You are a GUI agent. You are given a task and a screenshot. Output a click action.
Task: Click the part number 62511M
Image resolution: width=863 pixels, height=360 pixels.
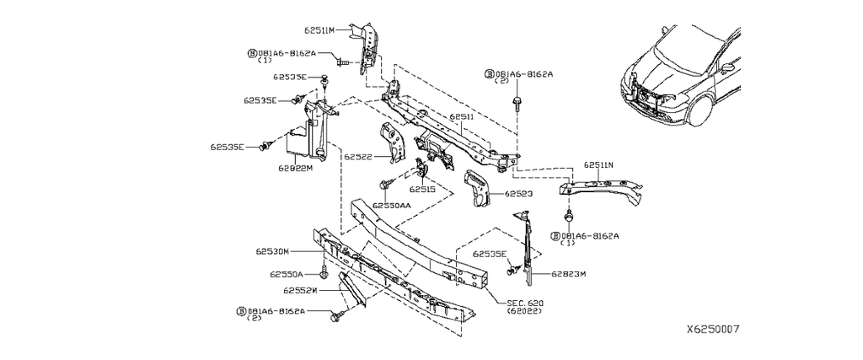(319, 30)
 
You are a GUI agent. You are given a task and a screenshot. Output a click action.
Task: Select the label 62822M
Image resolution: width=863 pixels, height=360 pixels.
(296, 168)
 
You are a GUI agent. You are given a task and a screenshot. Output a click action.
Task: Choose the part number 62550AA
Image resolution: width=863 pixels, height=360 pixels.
(392, 205)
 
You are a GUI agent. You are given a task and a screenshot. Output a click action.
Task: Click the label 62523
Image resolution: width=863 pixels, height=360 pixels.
(520, 193)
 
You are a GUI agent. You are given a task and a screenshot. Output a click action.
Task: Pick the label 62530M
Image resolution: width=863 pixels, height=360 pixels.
(273, 251)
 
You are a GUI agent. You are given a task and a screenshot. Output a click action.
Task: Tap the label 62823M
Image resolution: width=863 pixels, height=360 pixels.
(569, 273)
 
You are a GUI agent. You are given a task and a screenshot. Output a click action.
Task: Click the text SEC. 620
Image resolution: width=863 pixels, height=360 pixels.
(525, 301)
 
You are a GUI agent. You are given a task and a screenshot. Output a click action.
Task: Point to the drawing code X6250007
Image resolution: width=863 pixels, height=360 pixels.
(713, 330)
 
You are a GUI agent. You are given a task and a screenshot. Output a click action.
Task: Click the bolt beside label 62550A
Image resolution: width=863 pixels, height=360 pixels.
(325, 273)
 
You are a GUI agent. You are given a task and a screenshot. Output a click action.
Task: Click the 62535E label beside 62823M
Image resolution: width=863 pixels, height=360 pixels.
(490, 254)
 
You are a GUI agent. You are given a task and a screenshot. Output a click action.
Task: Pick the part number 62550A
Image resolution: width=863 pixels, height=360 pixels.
(287, 274)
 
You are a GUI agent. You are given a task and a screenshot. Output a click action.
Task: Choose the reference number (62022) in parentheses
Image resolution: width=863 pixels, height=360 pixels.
(525, 311)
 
